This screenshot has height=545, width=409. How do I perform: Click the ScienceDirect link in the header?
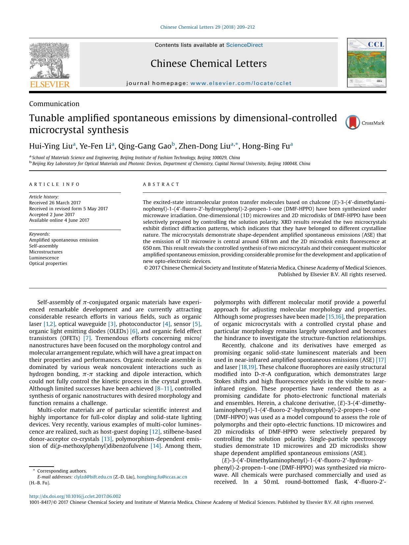point(244,45)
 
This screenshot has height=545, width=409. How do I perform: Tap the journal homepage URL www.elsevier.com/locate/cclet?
point(241,83)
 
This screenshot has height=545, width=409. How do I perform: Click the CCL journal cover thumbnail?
point(366,63)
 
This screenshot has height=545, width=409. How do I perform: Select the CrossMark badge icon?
point(352,123)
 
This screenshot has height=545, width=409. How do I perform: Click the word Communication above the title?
point(54,104)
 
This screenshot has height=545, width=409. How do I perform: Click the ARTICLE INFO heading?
point(54,185)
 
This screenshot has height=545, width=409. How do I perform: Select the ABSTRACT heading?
point(161,185)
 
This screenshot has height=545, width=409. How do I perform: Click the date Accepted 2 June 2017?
point(52,215)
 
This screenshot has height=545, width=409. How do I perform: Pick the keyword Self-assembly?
point(44,246)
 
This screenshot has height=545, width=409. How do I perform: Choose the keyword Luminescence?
point(44,258)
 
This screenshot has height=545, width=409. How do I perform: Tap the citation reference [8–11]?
point(163,388)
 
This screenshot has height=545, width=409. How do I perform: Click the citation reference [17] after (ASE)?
point(381,360)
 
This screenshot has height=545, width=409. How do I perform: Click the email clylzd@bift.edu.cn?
point(93,477)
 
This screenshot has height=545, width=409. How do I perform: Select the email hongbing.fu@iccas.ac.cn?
point(162,477)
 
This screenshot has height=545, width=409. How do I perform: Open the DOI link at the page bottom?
point(75,496)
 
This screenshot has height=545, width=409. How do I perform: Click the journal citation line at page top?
point(207,27)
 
